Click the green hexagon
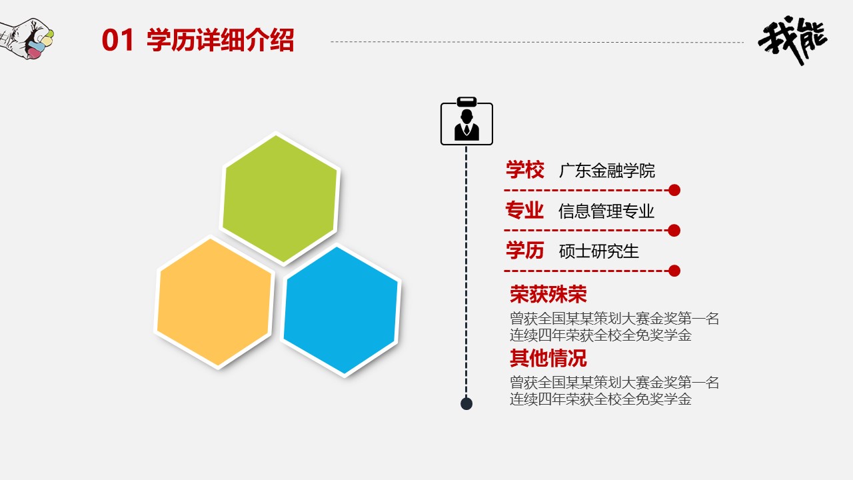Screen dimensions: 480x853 coord(280,198)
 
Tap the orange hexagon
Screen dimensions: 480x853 coord(215,302)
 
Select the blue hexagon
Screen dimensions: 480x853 coord(341,310)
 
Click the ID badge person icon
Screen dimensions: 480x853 coord(466,123)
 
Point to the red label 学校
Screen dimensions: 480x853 coord(524,170)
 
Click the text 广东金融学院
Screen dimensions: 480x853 coord(606,171)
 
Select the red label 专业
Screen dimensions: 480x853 coord(524,211)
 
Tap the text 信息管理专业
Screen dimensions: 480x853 coord(606,212)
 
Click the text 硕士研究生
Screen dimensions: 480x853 coord(598,251)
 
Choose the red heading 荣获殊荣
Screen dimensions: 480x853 coord(548,294)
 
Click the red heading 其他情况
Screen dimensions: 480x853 coord(548,358)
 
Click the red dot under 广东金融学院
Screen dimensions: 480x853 coord(674,190)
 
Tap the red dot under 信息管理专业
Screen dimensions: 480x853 coord(674,231)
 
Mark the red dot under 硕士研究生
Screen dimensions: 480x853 coord(674,271)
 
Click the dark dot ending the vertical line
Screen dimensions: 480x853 coord(466,403)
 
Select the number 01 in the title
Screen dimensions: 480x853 coord(119,41)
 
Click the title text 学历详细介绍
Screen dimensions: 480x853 coord(220,41)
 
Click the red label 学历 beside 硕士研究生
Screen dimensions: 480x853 coord(524,251)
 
